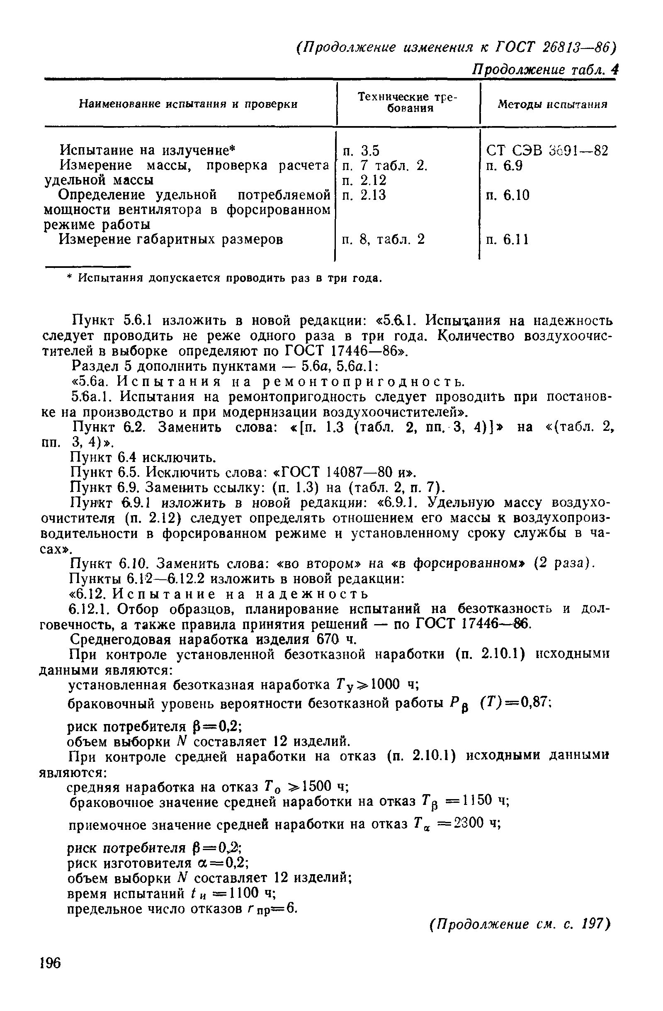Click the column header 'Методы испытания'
coord(552,104)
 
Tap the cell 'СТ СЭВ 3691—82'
coord(547,151)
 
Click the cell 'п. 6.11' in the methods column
coord(507,240)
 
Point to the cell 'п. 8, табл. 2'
coord(384,240)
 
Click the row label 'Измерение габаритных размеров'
coord(171,240)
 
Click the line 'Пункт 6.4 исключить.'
coord(143,457)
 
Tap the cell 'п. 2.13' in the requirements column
coord(364,195)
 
